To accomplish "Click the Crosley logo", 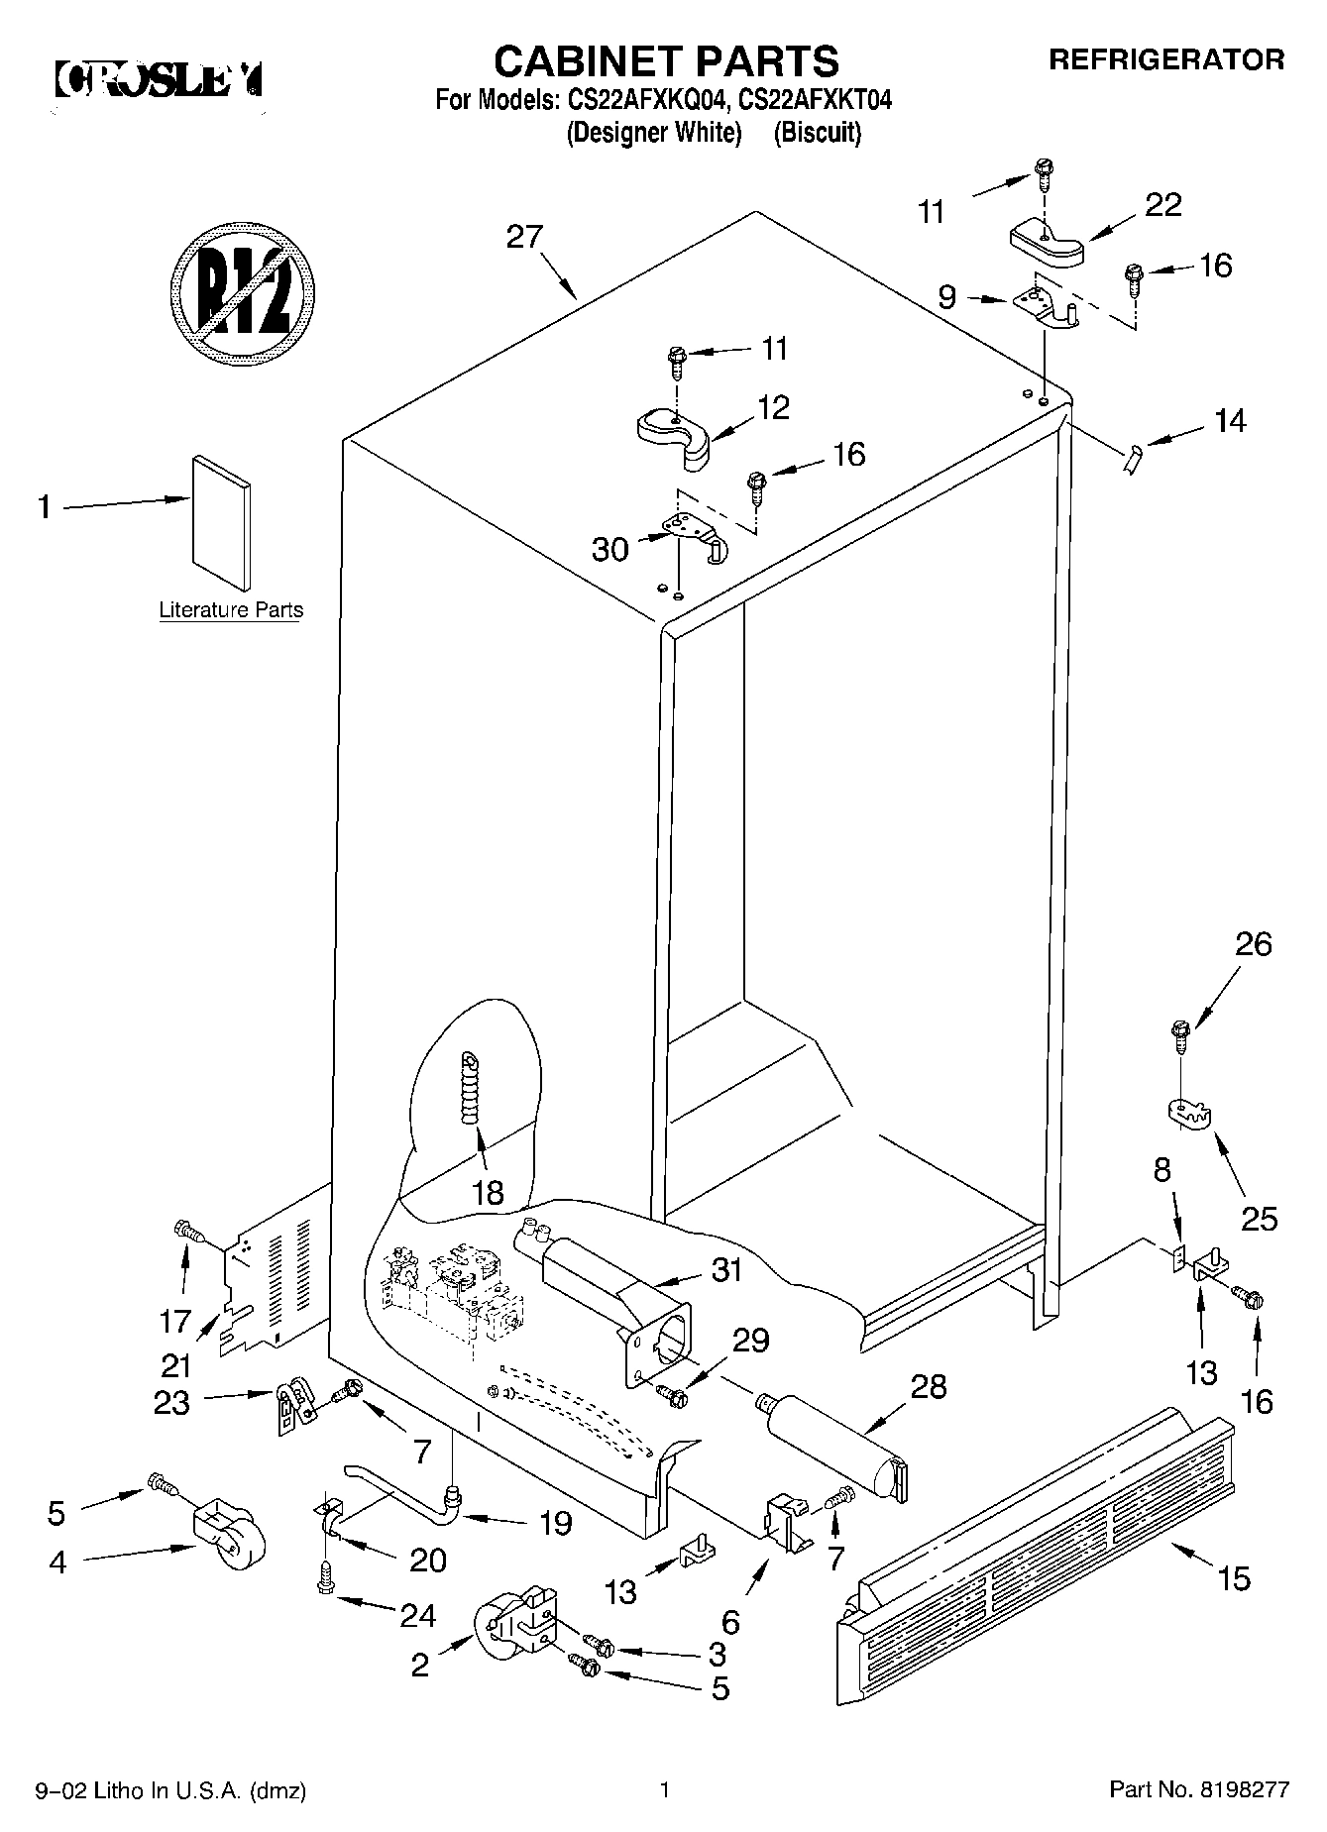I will [x=159, y=78].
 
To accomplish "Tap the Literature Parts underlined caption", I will [x=231, y=610].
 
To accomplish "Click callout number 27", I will [x=524, y=238].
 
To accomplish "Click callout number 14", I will [x=1229, y=421].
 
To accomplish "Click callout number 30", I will [x=610, y=549].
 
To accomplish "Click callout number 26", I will [x=1253, y=944].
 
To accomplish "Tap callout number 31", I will [x=727, y=1269].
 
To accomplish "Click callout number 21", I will [x=175, y=1366].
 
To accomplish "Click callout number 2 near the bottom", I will [x=420, y=1666].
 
